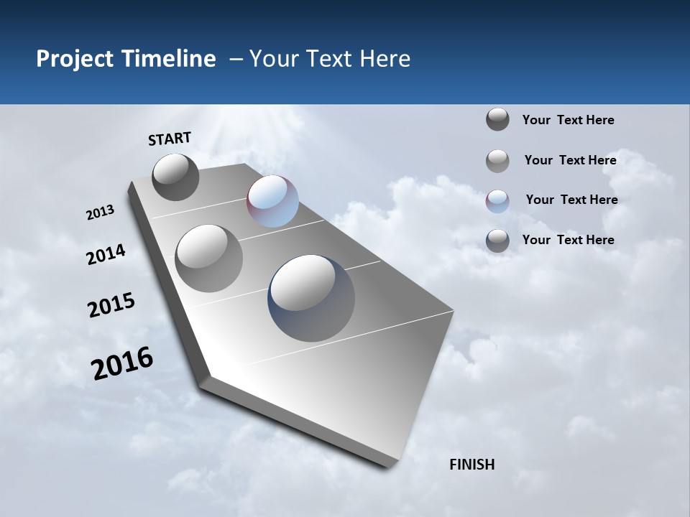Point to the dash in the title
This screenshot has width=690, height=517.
point(236,60)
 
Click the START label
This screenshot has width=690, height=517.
point(170,139)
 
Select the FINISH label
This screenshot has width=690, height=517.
point(471,465)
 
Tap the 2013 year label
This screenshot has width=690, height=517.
point(101,213)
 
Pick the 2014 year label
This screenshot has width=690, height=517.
point(106,254)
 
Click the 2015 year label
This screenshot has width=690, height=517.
point(111,305)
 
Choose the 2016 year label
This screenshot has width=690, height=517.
point(122,363)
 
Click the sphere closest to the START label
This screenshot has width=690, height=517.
point(176,177)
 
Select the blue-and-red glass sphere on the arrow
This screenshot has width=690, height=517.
point(272,201)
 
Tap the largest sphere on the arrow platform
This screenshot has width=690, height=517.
point(311,298)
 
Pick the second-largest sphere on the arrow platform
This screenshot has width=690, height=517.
point(209,258)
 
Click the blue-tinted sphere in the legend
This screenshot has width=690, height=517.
point(497,201)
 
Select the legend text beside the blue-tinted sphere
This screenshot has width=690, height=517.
point(571,200)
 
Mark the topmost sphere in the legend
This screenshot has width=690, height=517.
point(497,119)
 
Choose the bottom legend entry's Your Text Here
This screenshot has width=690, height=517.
point(568,240)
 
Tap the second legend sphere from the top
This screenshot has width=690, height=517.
point(497,161)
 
